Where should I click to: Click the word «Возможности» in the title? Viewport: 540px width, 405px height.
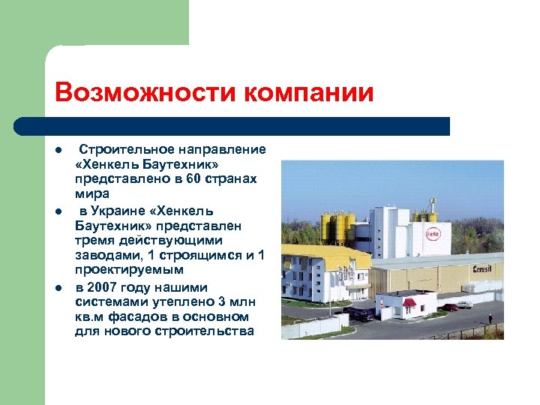(138, 93)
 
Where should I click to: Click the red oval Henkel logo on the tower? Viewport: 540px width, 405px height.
(433, 234)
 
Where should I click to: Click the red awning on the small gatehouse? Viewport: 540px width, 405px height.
(409, 301)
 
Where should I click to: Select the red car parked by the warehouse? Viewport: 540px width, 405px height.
(449, 307)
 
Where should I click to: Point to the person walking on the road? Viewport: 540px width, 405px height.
(490, 318)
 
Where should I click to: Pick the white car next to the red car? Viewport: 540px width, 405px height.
(465, 304)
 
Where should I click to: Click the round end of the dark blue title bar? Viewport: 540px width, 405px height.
(22, 126)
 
